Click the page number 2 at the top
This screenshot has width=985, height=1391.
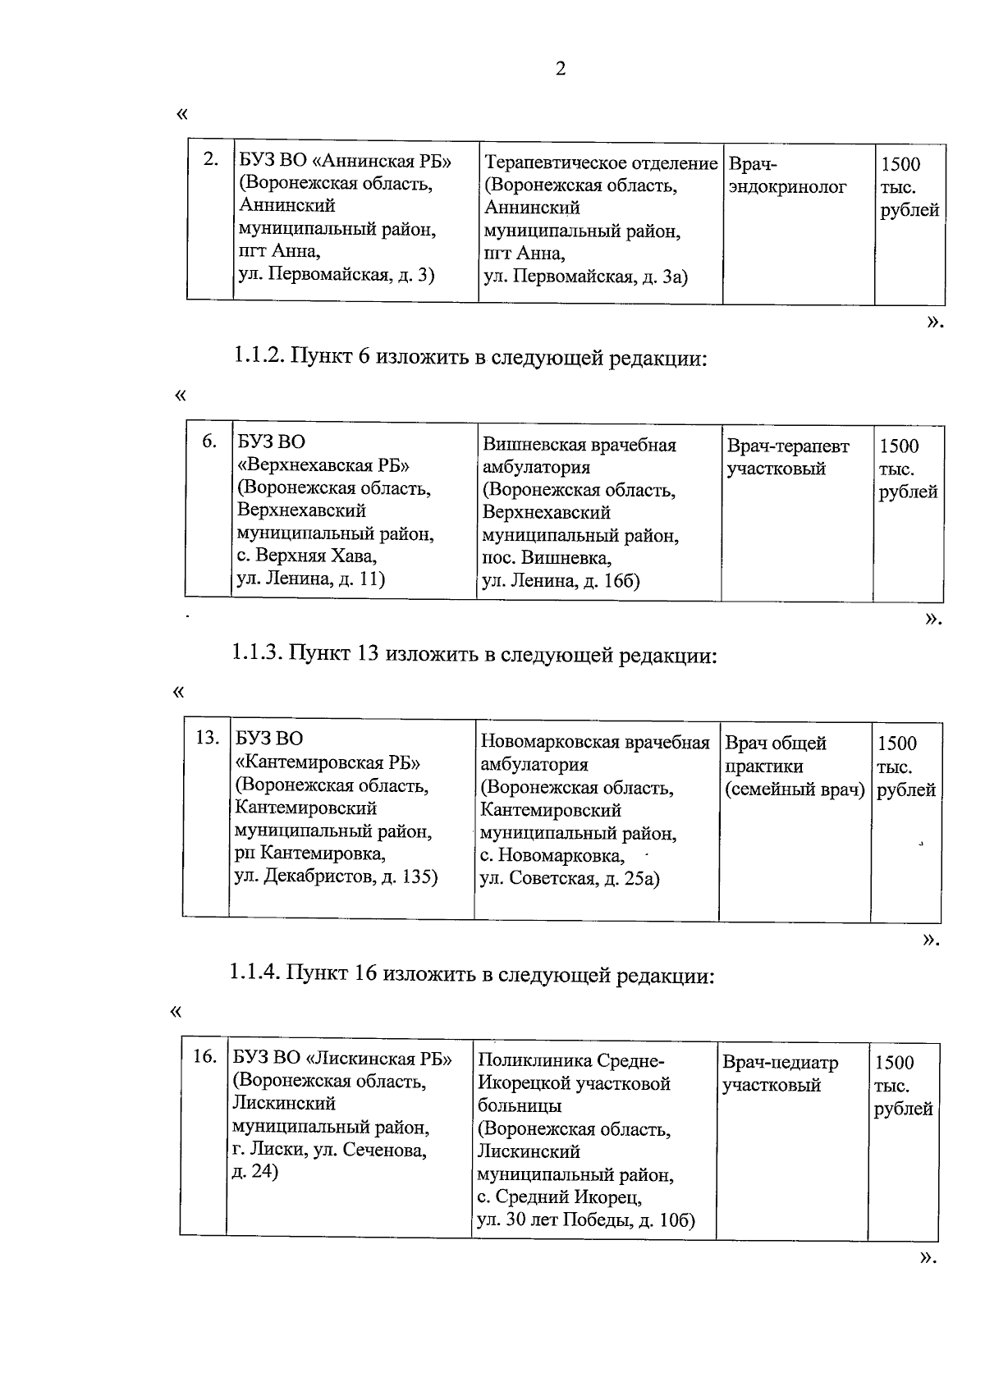tap(561, 69)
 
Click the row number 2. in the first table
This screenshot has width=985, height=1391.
tap(211, 159)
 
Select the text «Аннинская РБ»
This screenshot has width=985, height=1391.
tap(383, 161)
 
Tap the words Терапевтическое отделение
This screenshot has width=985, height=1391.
tap(601, 163)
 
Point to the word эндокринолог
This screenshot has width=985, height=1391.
tap(787, 187)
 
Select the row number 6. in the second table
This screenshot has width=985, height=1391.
tap(209, 442)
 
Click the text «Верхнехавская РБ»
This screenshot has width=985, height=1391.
tap(323, 466)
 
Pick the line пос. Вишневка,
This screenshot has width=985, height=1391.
tap(546, 559)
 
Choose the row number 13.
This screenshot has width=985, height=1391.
tap(206, 737)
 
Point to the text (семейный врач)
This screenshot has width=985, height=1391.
tap(794, 789)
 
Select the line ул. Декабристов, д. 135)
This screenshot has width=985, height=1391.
tap(336, 876)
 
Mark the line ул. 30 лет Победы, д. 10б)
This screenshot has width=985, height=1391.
tap(586, 1219)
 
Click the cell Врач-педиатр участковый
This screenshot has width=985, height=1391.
tap(780, 1073)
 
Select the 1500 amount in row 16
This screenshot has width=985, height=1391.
tap(894, 1063)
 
